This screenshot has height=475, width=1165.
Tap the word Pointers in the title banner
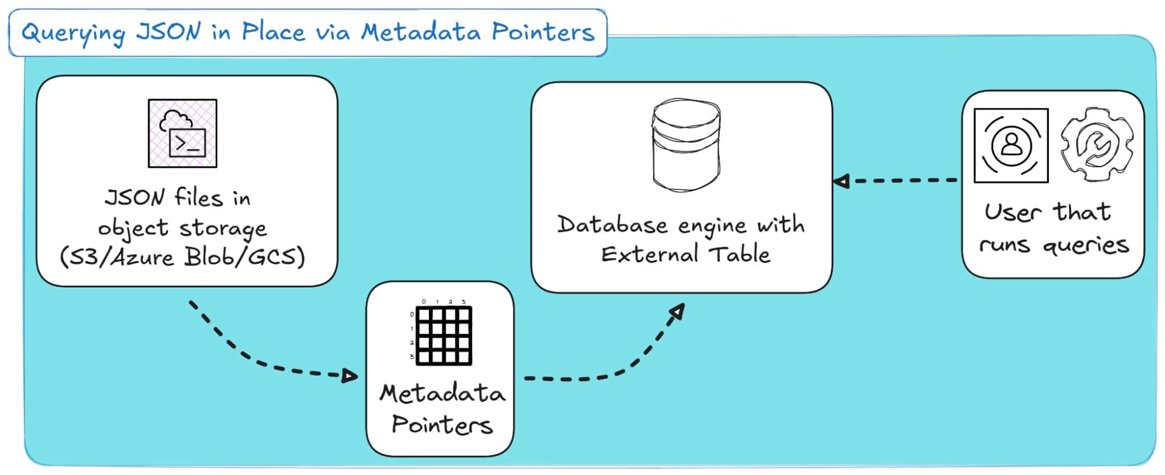[x=543, y=32]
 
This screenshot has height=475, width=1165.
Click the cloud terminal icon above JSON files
[x=182, y=133]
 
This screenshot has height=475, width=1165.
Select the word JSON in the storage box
[x=135, y=198]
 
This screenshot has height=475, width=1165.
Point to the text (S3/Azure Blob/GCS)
[x=182, y=257]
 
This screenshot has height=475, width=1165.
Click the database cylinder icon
[x=686, y=146]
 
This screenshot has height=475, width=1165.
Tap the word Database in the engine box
[x=612, y=225]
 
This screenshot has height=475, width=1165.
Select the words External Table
[x=686, y=255]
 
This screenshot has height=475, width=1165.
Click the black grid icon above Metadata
[x=444, y=336]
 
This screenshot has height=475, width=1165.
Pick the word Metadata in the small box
[x=442, y=394]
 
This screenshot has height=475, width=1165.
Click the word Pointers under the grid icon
[x=442, y=425]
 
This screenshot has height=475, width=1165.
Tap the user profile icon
[x=1011, y=146]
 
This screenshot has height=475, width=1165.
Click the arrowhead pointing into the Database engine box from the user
[x=841, y=181]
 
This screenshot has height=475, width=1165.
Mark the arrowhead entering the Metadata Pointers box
[x=350, y=376]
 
